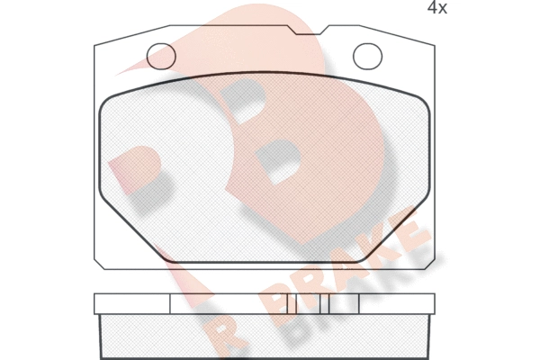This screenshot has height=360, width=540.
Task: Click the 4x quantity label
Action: pos(437,7)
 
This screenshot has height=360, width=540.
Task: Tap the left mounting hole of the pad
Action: pos(161,56)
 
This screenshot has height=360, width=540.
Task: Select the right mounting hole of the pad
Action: pos(367,56)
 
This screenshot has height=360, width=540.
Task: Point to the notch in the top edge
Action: pos(309,30)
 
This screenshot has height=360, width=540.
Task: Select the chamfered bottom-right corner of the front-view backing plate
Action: pos(427,264)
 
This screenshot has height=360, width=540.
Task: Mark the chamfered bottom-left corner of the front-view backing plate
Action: pos(100,264)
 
